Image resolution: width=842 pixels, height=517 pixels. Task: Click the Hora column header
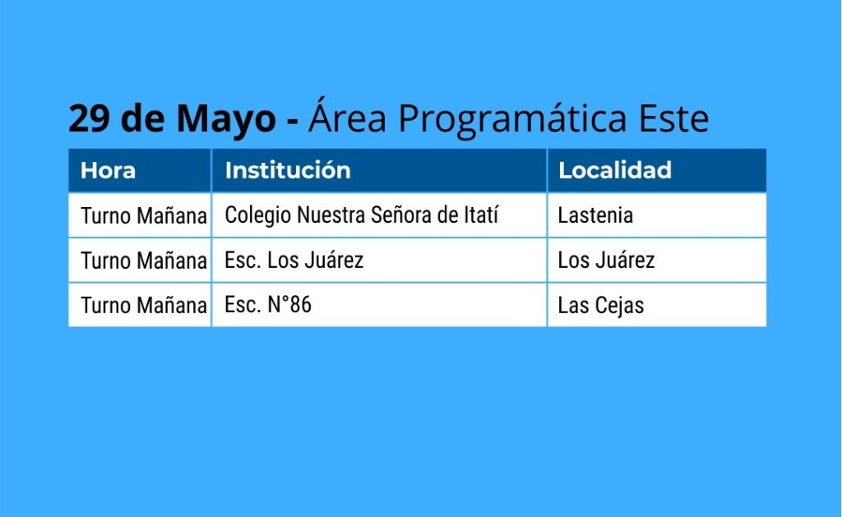[108, 171]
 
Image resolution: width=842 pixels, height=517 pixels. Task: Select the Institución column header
[288, 170]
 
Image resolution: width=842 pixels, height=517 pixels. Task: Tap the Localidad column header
[615, 170]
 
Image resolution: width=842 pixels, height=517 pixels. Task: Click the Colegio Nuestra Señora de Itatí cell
[362, 215]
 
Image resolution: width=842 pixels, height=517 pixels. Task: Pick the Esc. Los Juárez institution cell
[294, 261]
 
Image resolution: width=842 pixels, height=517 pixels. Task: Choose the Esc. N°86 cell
[268, 305]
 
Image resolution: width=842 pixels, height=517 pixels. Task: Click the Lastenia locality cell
[595, 215]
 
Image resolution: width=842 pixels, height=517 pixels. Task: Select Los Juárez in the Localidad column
[606, 261]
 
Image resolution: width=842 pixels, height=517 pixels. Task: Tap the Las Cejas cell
[601, 306]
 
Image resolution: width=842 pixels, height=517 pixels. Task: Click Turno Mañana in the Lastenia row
[144, 216]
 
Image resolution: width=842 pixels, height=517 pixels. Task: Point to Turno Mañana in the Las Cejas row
[144, 306]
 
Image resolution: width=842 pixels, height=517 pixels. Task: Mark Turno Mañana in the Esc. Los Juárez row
[144, 261]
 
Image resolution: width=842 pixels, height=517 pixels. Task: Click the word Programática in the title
[512, 119]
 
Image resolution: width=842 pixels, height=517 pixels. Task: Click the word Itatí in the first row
[480, 215]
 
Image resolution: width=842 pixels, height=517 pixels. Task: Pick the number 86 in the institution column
[300, 305]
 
